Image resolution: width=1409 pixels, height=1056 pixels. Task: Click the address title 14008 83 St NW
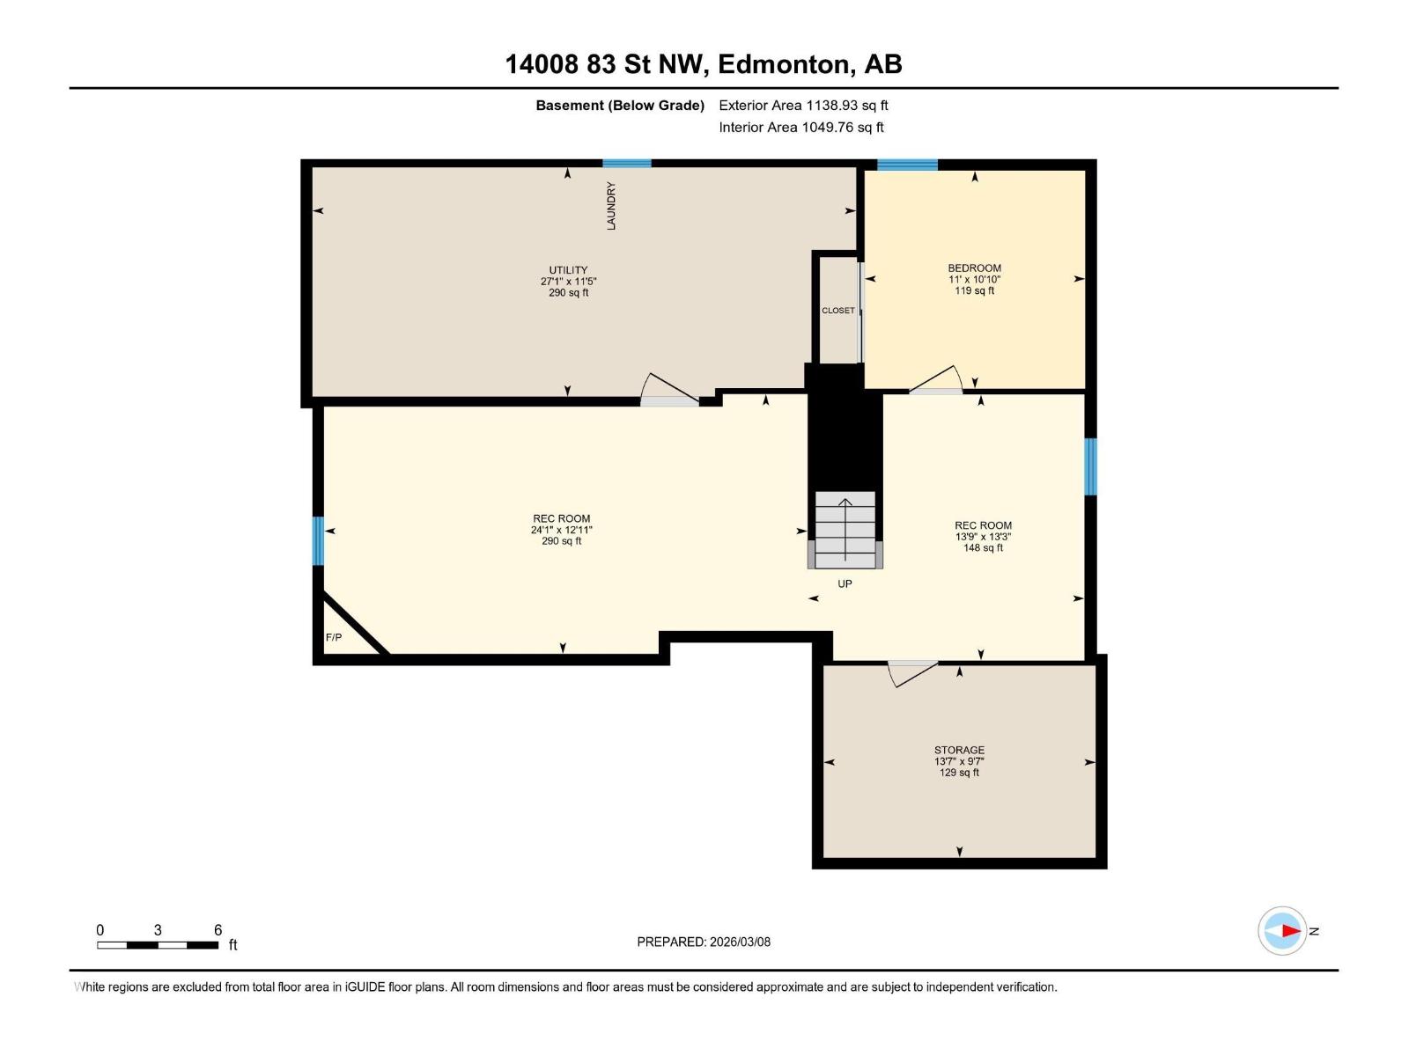tap(703, 64)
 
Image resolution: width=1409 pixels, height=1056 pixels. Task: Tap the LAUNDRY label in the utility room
tap(611, 206)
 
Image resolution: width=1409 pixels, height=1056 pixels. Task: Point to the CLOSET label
tap(837, 311)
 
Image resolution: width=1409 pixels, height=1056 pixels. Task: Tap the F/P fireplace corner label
tap(334, 637)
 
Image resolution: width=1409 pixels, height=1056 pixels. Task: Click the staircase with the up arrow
tap(845, 529)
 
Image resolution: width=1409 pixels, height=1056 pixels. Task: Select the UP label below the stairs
tap(845, 584)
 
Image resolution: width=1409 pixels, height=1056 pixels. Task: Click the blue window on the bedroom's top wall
tap(907, 165)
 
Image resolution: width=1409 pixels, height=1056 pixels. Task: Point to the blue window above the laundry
tap(627, 163)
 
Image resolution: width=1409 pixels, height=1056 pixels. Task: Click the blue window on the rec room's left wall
tap(319, 540)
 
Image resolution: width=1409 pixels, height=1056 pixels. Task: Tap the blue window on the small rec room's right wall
tap(1090, 466)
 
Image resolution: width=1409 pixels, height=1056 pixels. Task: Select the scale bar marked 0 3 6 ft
tap(159, 944)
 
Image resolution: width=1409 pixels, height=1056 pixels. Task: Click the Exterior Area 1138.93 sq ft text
tap(803, 106)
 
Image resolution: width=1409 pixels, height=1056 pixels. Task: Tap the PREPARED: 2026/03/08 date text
tap(704, 942)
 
